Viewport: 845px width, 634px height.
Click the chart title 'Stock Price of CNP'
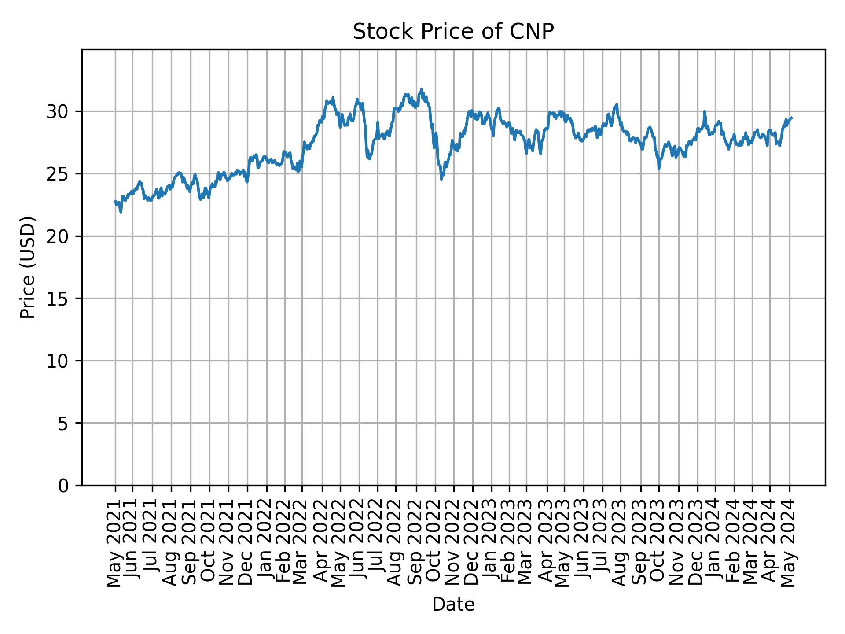tap(453, 32)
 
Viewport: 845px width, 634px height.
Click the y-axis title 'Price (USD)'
tap(28, 267)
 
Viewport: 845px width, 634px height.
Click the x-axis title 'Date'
tap(453, 605)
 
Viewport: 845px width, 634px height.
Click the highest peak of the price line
tap(422, 89)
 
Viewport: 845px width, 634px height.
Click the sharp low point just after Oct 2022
tap(441, 179)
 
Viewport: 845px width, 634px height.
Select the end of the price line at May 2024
tap(792, 118)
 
